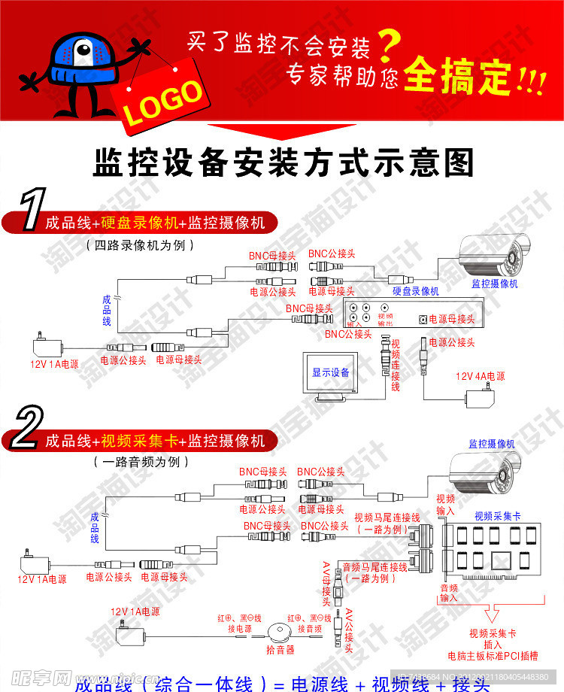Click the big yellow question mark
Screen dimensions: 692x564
pyautogui.click(x=387, y=47)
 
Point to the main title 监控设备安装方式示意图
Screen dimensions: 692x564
pyautogui.click(x=284, y=162)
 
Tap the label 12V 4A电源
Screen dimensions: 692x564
pyautogui.click(x=480, y=375)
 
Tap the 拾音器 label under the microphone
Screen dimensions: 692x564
pyautogui.click(x=280, y=648)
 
